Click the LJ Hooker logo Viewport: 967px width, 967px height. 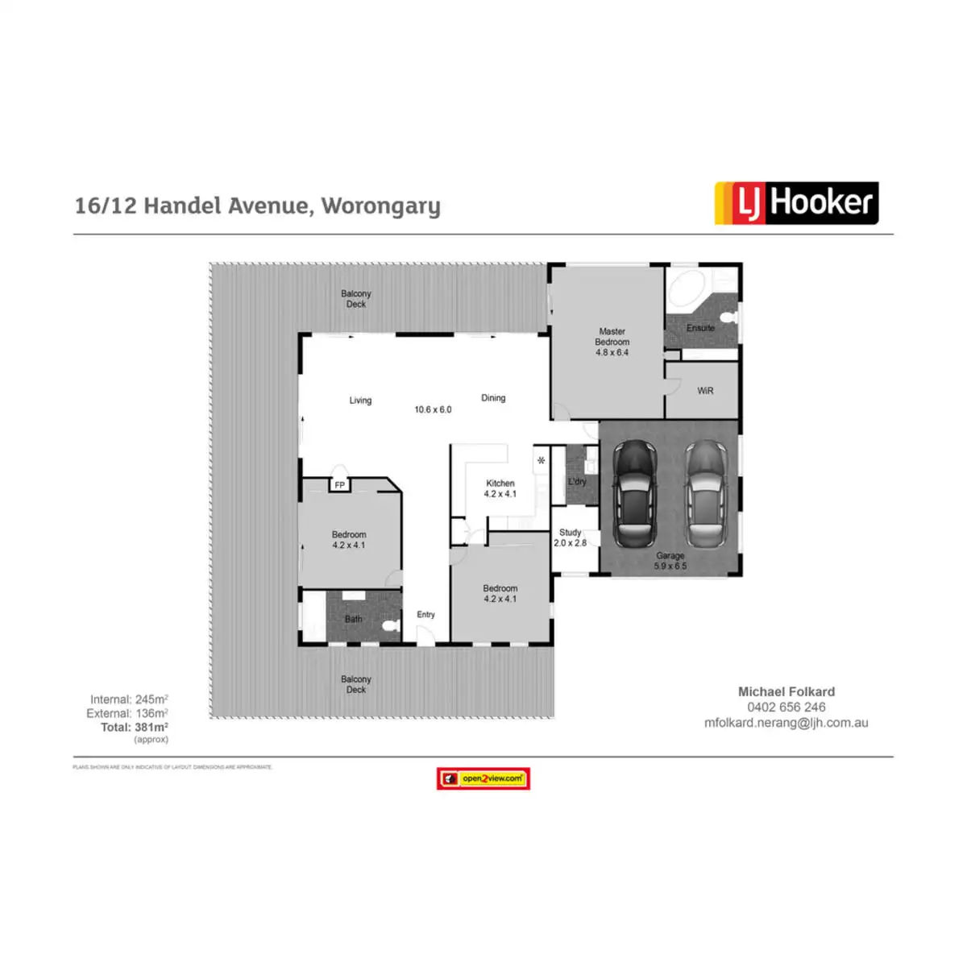pos(796,203)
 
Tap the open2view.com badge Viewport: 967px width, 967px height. pos(483,778)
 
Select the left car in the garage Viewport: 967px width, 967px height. pos(635,492)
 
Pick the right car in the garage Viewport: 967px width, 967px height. pos(707,492)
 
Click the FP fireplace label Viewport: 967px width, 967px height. pos(340,485)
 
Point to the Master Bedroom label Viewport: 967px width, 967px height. pos(612,342)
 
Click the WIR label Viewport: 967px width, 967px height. pos(705,391)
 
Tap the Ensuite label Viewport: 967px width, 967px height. pos(700,328)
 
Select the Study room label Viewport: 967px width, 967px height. pos(570,533)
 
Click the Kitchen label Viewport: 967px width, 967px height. pos(500,483)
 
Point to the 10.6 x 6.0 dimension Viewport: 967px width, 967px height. pos(433,409)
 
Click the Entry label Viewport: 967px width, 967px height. pos(425,615)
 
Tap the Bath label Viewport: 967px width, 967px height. pos(354,619)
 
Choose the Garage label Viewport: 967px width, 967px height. pos(670,556)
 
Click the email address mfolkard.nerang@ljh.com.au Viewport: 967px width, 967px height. pos(786,723)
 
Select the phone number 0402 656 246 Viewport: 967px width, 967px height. pos(786,708)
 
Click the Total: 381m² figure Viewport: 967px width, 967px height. pos(135,727)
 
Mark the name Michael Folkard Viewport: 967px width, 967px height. pos(786,691)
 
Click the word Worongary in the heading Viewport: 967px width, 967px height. pos(381,206)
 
